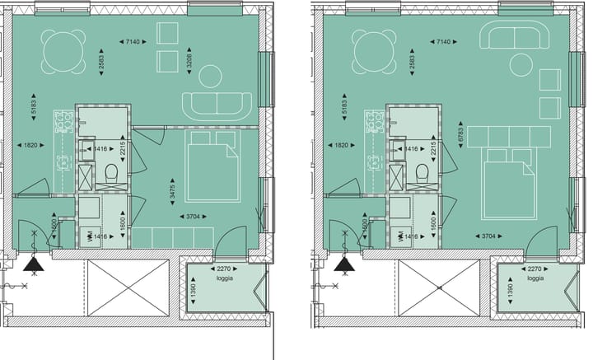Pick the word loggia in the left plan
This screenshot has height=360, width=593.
tap(222, 278)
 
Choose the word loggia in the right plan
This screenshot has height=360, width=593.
tap(535, 278)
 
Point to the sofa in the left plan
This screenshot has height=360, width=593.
tap(217, 105)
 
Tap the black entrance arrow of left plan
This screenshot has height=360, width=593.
tap(34, 264)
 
